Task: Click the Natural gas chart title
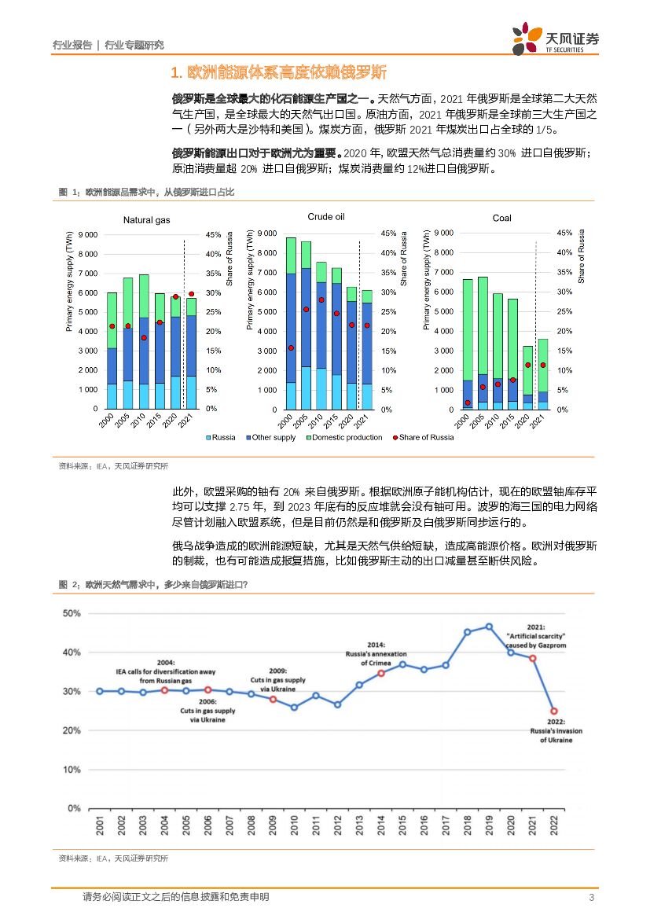[x=146, y=220]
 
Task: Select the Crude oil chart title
[x=325, y=216]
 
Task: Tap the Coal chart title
[x=501, y=219]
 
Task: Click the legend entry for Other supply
[x=271, y=437]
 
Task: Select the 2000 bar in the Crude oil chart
[x=291, y=323]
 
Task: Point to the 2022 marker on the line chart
[x=553, y=711]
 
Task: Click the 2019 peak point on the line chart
[x=489, y=627]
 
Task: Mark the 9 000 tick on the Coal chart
[x=443, y=233]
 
